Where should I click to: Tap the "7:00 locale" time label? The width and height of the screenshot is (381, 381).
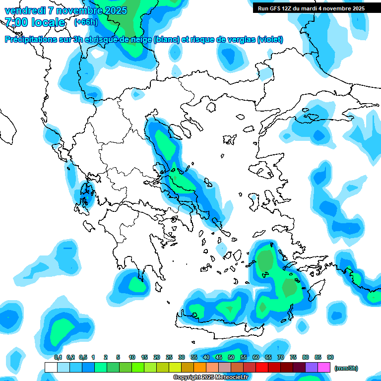pos(35,22)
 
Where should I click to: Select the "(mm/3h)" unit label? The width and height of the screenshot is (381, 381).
pos(346,368)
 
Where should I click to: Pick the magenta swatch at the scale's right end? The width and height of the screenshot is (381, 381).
pos(324,368)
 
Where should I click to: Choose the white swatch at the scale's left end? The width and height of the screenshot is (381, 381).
pos(51,368)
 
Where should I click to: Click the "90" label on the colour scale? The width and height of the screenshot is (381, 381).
pos(330,357)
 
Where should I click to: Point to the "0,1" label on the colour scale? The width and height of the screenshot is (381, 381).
pos(58,357)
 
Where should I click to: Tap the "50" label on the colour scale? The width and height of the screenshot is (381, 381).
pos(231,357)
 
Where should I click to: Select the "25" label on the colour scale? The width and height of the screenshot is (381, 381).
pos(169,357)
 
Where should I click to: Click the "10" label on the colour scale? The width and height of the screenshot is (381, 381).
pos(132,357)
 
